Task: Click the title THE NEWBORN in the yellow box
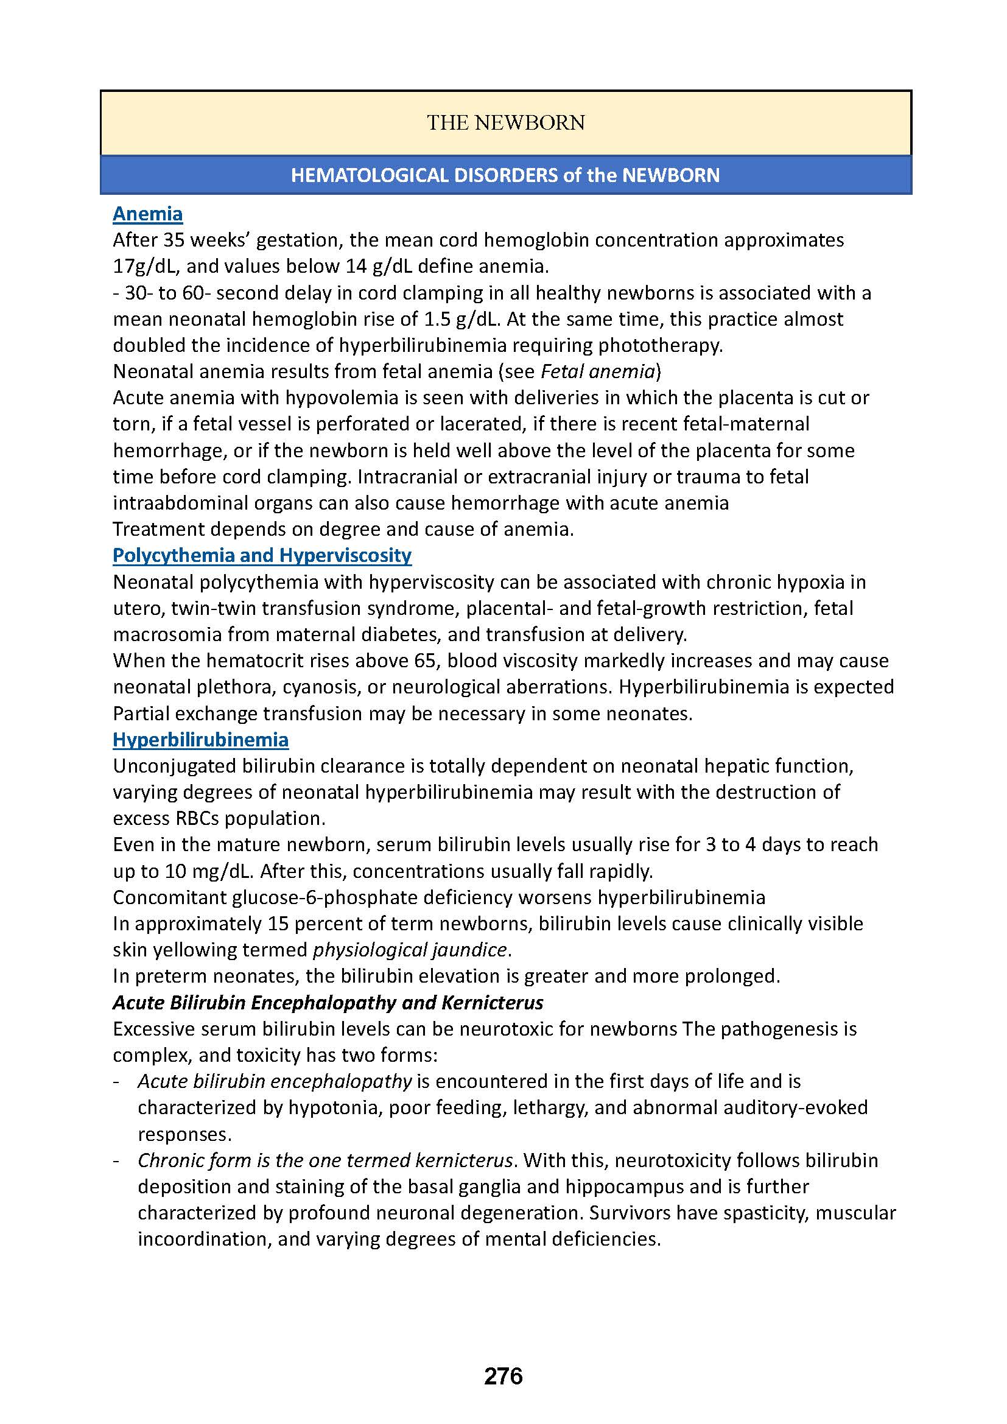[505, 123]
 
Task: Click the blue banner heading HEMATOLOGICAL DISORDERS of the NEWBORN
[505, 175]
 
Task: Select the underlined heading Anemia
[147, 214]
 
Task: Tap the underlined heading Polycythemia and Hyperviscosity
[262, 555]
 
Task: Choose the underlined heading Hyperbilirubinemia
[200, 739]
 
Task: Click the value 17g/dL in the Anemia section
[143, 266]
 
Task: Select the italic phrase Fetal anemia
[598, 371]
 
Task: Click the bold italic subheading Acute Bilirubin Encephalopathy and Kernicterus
[328, 1003]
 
